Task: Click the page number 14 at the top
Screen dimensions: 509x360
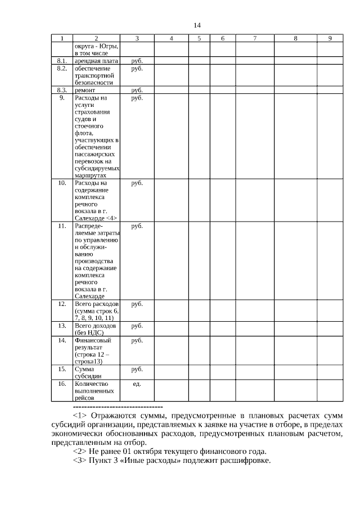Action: pyautogui.click(x=196, y=25)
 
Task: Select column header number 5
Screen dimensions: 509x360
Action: pyautogui.click(x=199, y=38)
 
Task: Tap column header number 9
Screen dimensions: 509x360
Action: pyautogui.click(x=330, y=38)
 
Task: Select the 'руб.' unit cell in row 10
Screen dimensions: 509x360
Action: pyautogui.click(x=137, y=183)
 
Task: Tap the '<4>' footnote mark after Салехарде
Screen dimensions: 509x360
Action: pyautogui.click(x=110, y=218)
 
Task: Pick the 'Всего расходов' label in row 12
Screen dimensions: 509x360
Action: pyautogui.click(x=96, y=304)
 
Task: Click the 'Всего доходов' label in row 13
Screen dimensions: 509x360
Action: pyautogui.click(x=95, y=326)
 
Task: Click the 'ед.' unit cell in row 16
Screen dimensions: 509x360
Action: pyautogui.click(x=137, y=384)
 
